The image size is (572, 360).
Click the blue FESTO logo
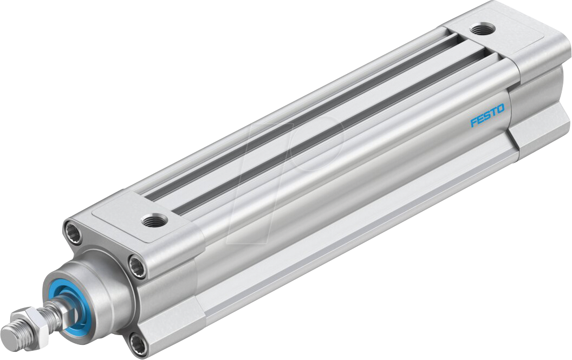click(487, 115)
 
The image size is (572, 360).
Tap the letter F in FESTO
click(473, 122)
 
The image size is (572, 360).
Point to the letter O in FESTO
click(500, 109)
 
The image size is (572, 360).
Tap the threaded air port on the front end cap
click(149, 220)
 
